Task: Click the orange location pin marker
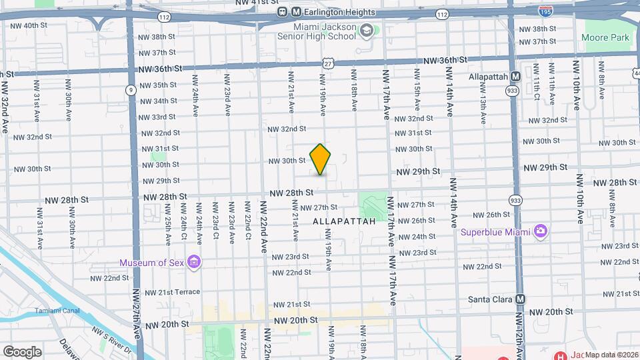tap(321, 159)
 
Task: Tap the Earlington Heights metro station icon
tap(283, 12)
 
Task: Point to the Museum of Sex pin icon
tap(194, 261)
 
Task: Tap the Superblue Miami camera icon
tap(541, 231)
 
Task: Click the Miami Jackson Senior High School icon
tap(367, 30)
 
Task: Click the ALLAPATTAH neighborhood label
tap(344, 219)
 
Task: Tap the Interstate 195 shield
tap(544, 11)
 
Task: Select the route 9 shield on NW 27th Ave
tap(131, 89)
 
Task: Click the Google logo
tap(22, 352)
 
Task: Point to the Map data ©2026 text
tap(611, 355)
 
